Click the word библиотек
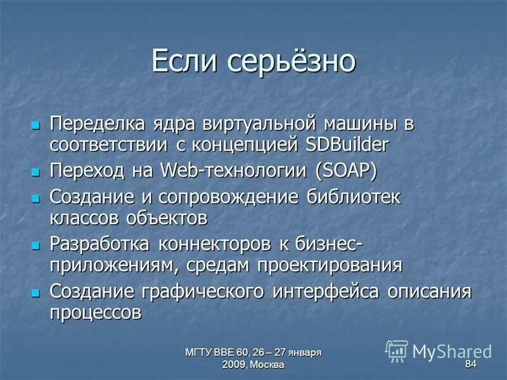354,196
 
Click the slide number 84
470,364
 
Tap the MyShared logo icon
397,350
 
